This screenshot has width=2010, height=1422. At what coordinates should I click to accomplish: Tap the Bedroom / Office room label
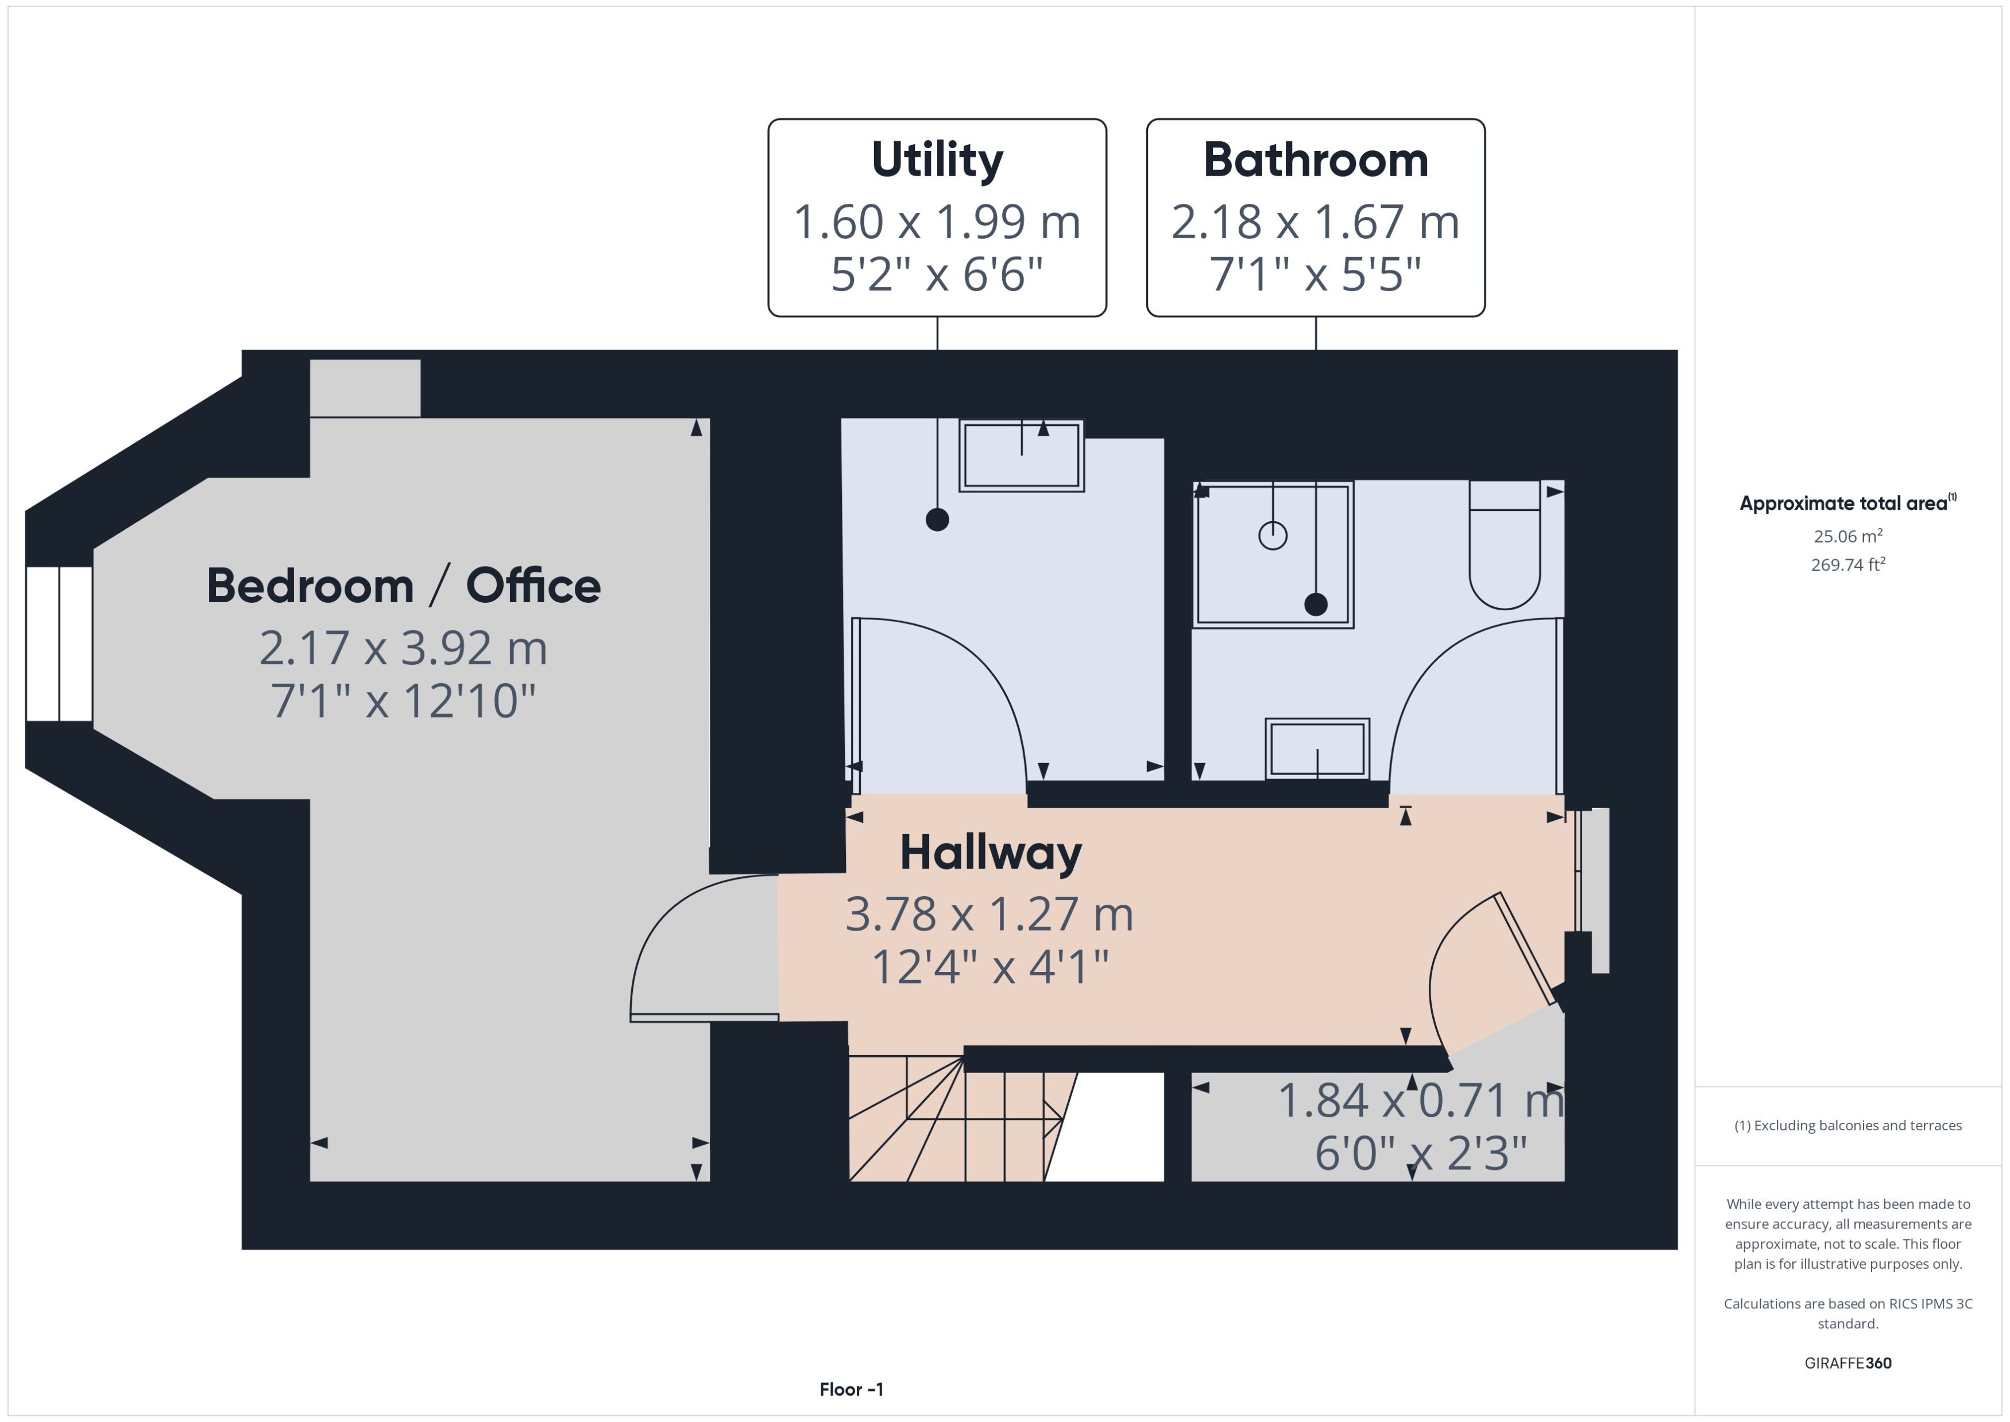click(x=403, y=586)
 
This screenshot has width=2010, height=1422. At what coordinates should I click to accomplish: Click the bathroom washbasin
click(x=1316, y=749)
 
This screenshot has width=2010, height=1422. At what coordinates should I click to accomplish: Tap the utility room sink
click(x=1021, y=455)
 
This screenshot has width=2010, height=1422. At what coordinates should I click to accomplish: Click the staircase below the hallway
click(x=954, y=1121)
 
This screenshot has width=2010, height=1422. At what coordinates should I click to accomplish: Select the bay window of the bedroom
click(x=59, y=644)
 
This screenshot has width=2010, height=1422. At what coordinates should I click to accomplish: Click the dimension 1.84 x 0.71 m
click(x=1420, y=1101)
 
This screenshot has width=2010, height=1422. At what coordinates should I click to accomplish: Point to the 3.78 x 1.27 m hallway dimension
click(x=989, y=914)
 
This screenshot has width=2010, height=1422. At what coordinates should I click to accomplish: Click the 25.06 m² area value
click(x=1847, y=536)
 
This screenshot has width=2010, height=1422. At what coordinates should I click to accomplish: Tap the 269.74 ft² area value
click(x=1847, y=565)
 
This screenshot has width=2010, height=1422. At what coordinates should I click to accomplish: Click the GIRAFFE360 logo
click(x=1847, y=1362)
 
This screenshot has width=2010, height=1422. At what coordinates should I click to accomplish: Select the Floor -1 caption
click(x=851, y=1389)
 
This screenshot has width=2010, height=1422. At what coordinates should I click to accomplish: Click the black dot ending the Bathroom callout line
click(x=1316, y=604)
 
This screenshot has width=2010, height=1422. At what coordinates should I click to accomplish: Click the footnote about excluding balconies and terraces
click(x=1847, y=1125)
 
